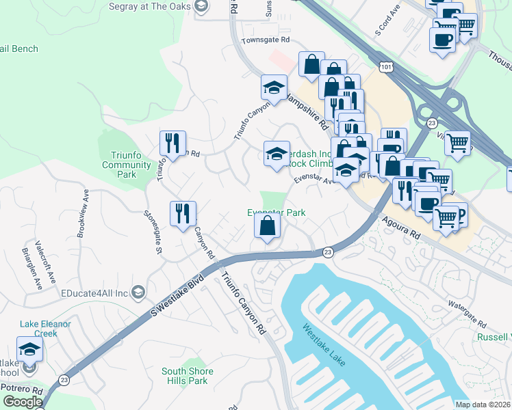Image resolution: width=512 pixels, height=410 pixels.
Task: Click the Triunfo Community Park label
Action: click(x=126, y=165)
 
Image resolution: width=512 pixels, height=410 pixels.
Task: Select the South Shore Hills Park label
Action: click(x=187, y=377)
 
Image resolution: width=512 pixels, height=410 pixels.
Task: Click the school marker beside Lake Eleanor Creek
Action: click(x=29, y=350)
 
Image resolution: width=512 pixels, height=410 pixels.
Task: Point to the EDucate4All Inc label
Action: click(x=94, y=292)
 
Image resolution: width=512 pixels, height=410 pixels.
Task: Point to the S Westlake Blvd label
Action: click(x=179, y=295)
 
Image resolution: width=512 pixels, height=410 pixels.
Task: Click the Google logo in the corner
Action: click(x=23, y=401)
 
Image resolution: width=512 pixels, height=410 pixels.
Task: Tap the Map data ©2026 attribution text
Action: click(x=483, y=405)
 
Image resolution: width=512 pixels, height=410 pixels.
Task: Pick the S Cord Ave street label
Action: click(x=387, y=23)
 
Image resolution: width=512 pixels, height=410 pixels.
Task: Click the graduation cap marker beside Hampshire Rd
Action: click(x=274, y=88)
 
